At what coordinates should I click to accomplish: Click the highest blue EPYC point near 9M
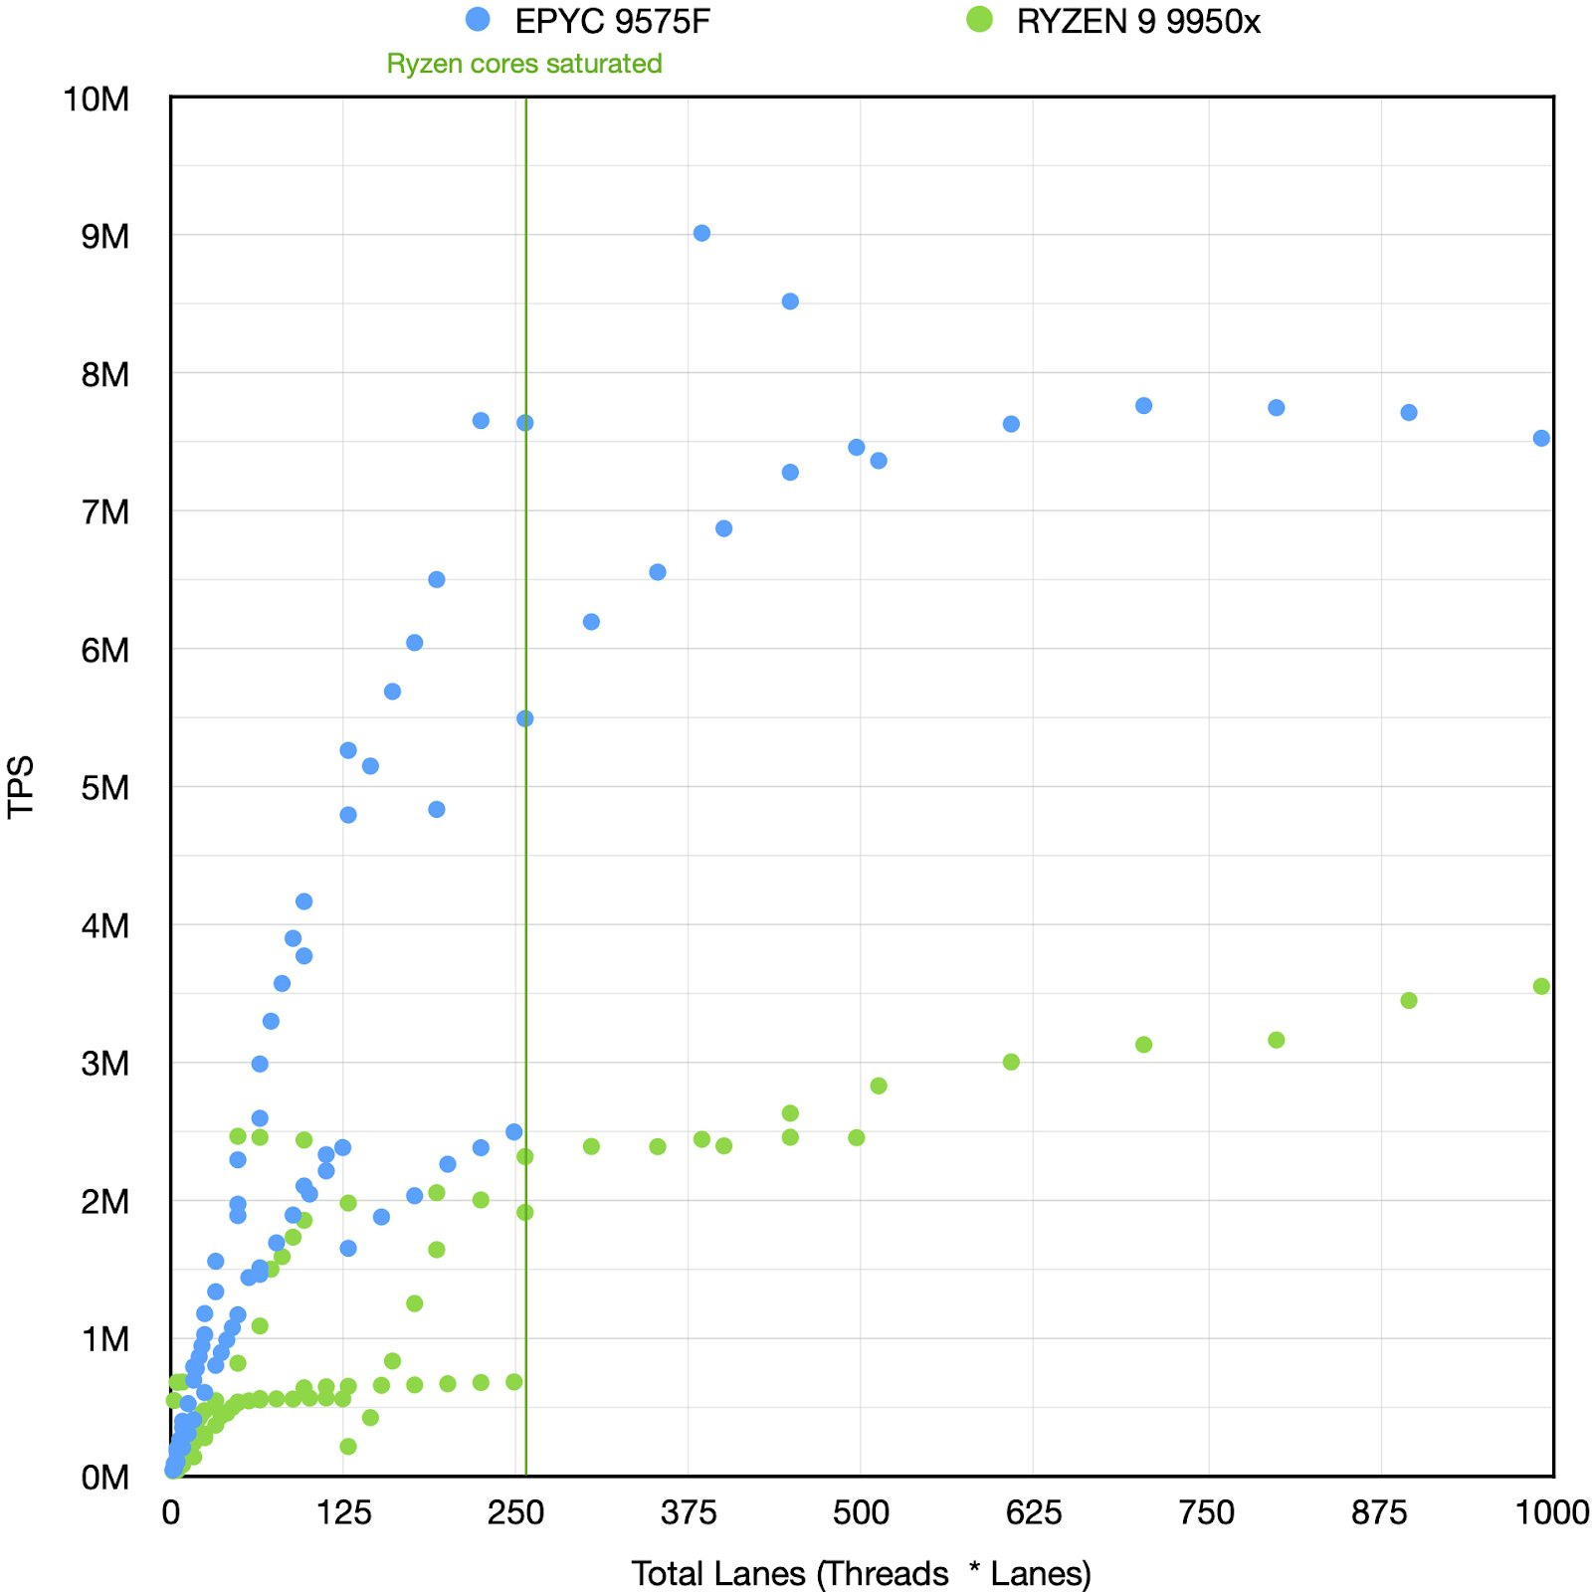(701, 233)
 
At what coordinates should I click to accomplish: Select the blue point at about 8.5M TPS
(790, 301)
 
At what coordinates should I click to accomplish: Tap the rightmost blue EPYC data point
(1541, 438)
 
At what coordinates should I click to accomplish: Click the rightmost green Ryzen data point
(1541, 986)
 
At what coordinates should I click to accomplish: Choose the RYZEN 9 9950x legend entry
(1114, 21)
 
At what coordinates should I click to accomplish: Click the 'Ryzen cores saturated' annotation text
(524, 64)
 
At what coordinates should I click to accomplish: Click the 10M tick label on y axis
(97, 99)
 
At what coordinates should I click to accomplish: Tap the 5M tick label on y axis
(104, 788)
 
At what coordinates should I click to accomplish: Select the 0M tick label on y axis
(104, 1478)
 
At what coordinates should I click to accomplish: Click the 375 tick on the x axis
(689, 1513)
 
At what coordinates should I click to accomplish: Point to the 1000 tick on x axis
(1551, 1513)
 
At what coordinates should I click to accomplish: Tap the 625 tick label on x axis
(1034, 1513)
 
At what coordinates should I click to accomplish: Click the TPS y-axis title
(21, 787)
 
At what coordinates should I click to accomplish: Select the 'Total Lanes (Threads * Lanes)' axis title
(862, 1573)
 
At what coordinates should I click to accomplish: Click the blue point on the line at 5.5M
(525, 718)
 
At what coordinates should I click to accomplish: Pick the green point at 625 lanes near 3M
(1011, 1062)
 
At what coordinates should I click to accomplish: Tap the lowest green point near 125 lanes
(348, 1446)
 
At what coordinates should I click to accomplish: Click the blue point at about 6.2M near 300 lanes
(591, 622)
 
